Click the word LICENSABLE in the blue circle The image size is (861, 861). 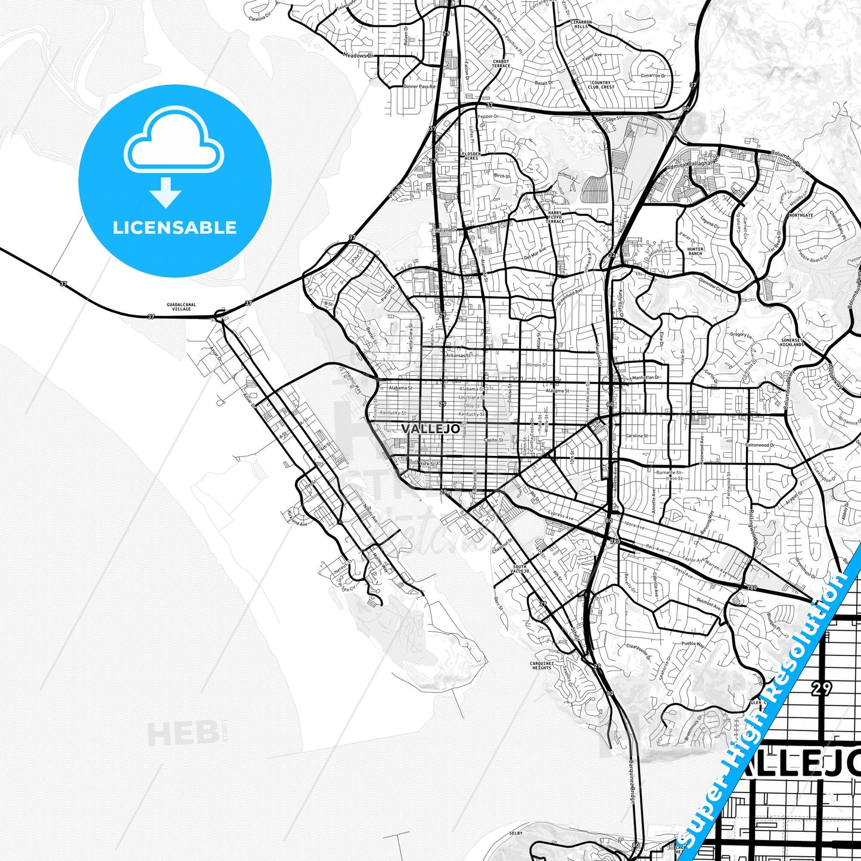[175, 228]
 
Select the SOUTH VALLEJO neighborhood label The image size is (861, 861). [520, 568]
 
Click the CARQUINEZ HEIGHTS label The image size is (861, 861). [542, 666]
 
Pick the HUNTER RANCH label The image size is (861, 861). [695, 251]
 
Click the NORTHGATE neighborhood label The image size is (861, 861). [800, 215]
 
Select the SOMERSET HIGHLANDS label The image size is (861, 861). [792, 343]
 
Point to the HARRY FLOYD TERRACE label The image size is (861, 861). [555, 217]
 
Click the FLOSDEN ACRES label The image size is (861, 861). [471, 156]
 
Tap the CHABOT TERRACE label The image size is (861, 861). [501, 63]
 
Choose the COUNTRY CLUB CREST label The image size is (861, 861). [601, 85]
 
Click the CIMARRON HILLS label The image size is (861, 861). [580, 24]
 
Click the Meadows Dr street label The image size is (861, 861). [358, 55]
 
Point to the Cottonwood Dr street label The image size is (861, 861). [760, 445]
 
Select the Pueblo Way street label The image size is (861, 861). [692, 644]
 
